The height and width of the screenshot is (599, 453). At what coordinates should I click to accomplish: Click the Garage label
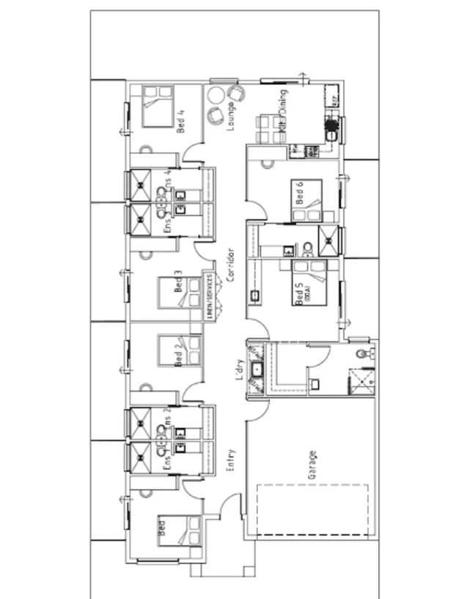tap(312, 466)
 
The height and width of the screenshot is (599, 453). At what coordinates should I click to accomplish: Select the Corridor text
tap(230, 265)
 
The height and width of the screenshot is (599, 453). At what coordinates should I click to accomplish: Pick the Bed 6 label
tap(299, 192)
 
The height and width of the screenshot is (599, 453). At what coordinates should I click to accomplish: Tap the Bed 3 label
tap(177, 283)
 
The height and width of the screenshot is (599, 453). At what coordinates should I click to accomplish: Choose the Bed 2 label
tap(177, 354)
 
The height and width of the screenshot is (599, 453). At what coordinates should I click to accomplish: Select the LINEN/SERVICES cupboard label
tap(212, 295)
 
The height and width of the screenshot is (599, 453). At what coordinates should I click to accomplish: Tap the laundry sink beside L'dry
tap(257, 371)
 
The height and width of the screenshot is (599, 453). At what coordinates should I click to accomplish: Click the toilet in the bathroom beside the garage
tap(360, 354)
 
